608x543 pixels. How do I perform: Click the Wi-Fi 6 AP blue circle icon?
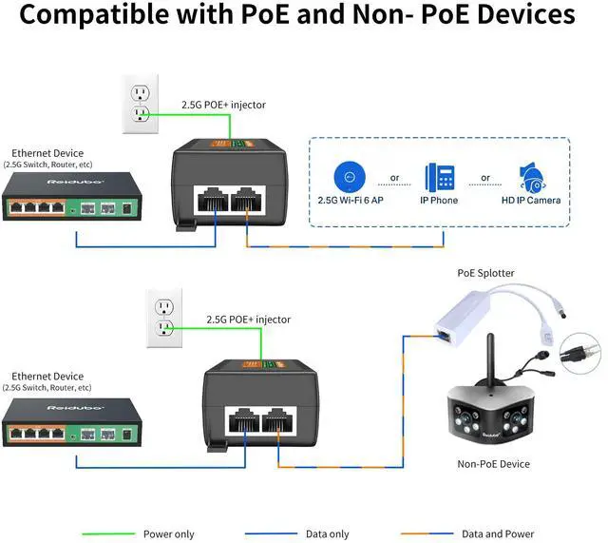(x=351, y=176)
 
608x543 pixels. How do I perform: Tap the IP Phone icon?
(x=438, y=177)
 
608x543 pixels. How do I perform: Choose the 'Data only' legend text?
(x=327, y=534)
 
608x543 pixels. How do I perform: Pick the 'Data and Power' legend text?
(x=497, y=534)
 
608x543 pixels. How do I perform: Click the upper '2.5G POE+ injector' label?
(x=223, y=105)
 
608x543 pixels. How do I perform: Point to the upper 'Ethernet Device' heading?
(x=47, y=153)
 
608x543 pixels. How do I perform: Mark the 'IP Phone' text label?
(x=438, y=201)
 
